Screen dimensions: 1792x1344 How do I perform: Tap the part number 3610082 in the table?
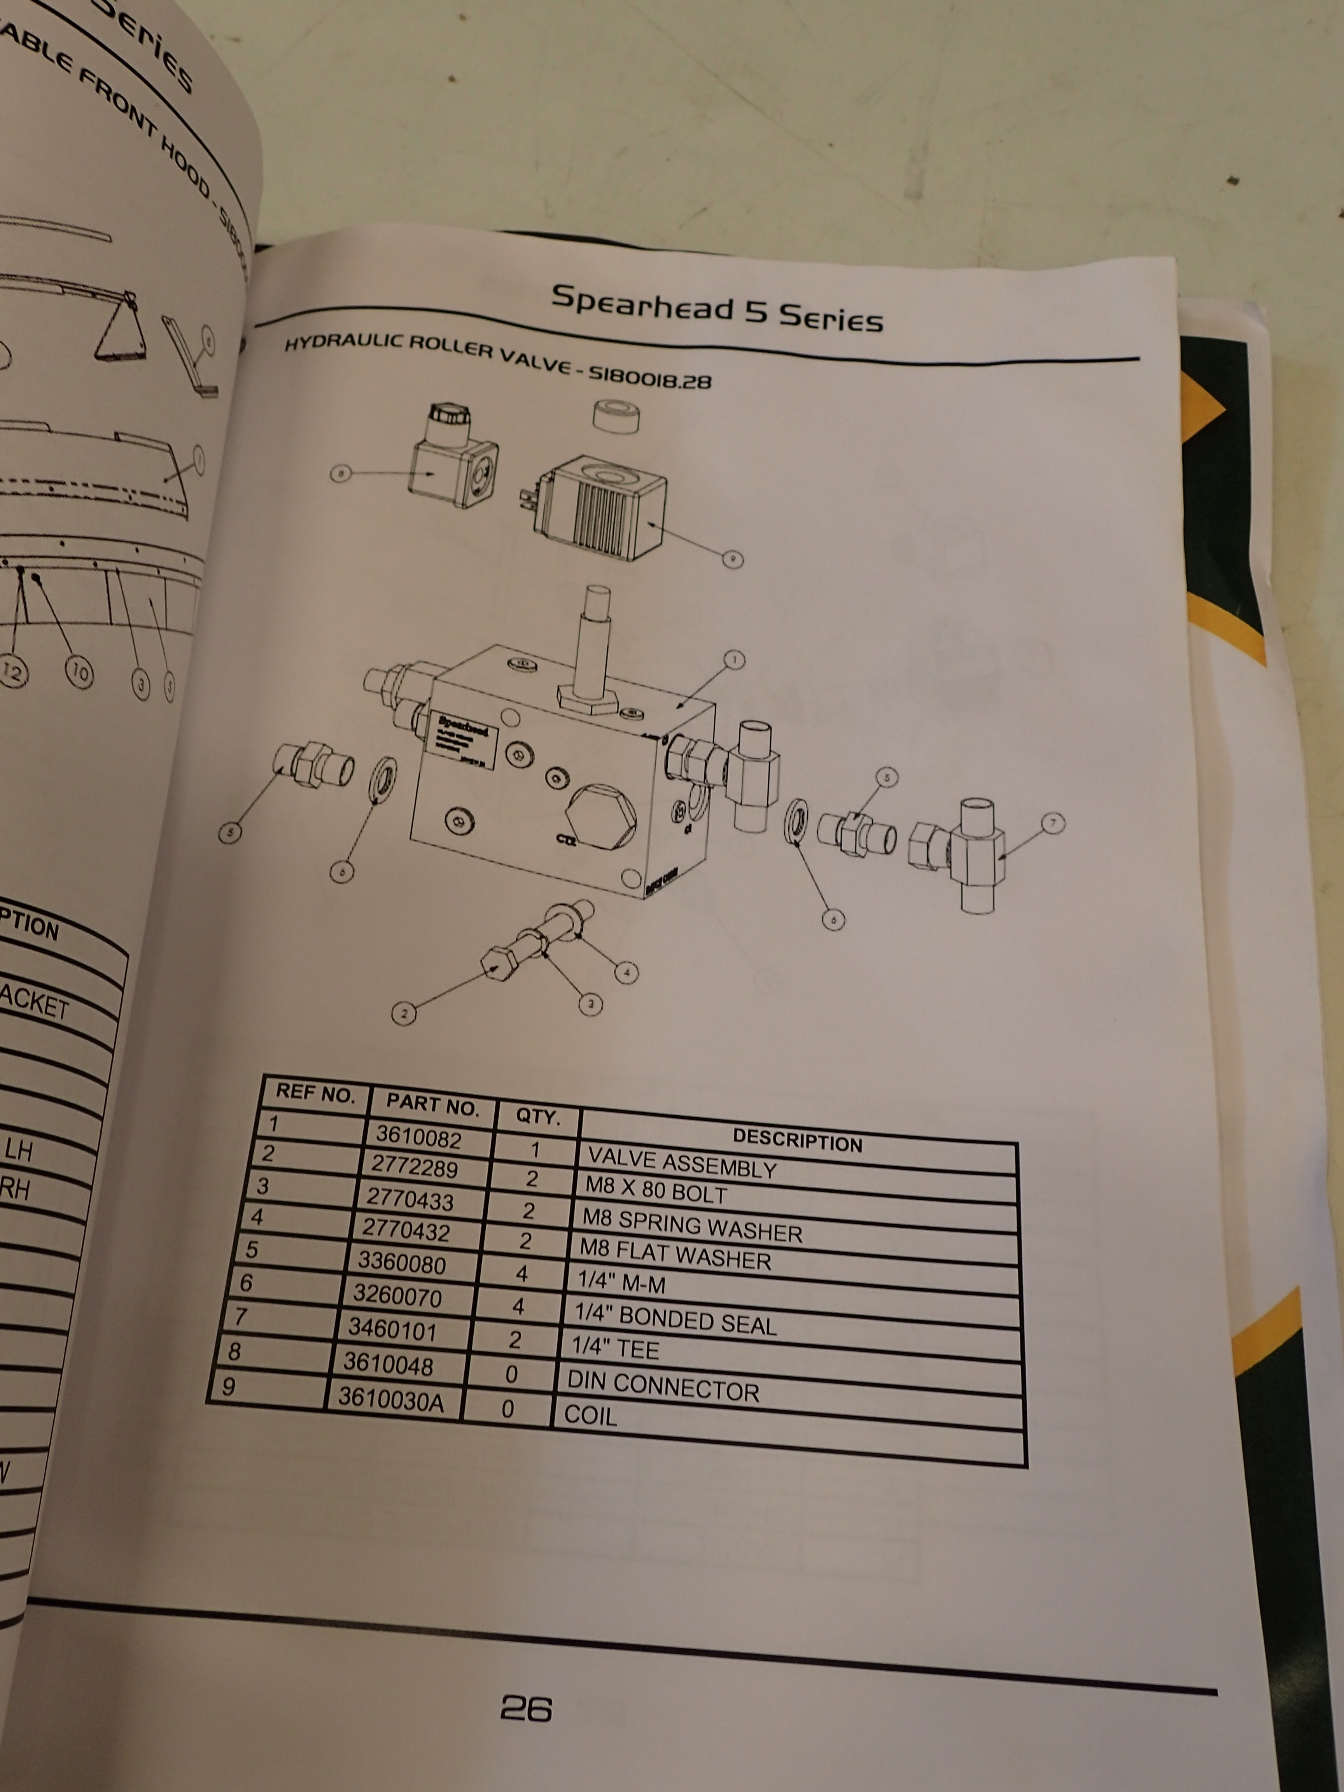click(x=418, y=1138)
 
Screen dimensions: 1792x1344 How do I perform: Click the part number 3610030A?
click(x=390, y=1400)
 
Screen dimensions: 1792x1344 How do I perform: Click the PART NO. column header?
click(x=432, y=1103)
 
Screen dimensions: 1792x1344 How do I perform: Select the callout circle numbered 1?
click(x=734, y=660)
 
